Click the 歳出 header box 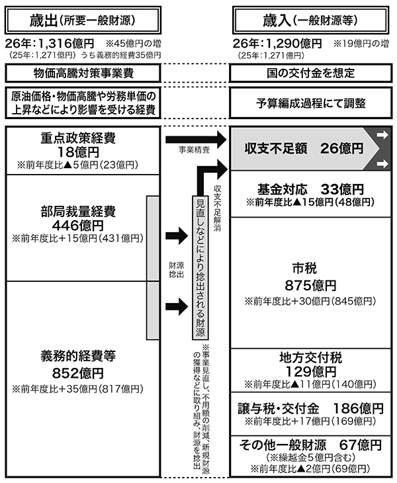pyautogui.click(x=83, y=17)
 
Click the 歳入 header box pyautogui.click(x=311, y=17)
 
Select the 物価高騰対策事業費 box pyautogui.click(x=83, y=71)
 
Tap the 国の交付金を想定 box pyautogui.click(x=311, y=71)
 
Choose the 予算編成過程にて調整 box pyautogui.click(x=311, y=104)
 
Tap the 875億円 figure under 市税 pyautogui.click(x=311, y=286)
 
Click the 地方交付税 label pyautogui.click(x=311, y=357)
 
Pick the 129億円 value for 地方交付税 pyautogui.click(x=311, y=371)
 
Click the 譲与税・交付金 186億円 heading pyautogui.click(x=311, y=406)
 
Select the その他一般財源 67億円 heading pyautogui.click(x=311, y=443)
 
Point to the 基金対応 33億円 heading pyautogui.click(x=311, y=187)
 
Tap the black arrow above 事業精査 pyautogui.click(x=192, y=140)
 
